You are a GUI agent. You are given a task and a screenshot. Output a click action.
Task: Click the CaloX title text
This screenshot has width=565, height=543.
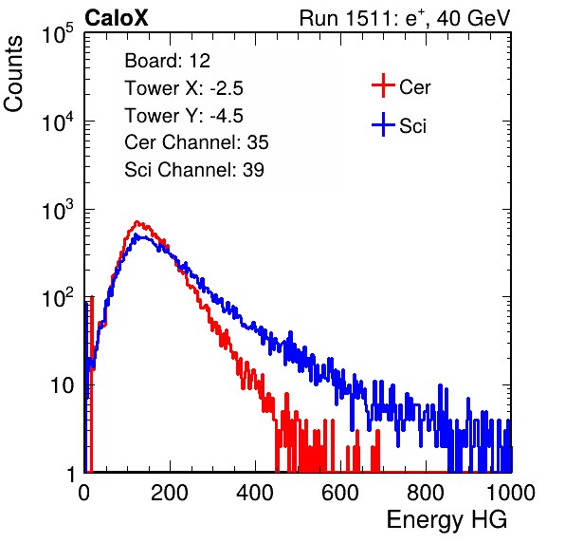[117, 18]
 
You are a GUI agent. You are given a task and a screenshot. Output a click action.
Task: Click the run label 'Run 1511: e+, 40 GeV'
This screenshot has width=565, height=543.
[405, 18]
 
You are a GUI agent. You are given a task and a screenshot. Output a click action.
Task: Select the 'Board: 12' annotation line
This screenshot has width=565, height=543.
[167, 61]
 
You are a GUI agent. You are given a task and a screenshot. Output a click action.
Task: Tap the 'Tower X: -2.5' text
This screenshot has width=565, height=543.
[184, 88]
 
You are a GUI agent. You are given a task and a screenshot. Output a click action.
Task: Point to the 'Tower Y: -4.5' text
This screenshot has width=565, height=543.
[184, 116]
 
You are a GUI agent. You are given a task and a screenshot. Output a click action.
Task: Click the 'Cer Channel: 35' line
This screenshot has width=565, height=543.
[196, 142]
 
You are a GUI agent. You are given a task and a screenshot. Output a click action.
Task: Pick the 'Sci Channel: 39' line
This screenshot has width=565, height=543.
[194, 170]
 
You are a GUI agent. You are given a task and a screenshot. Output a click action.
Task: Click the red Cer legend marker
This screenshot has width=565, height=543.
[383, 85]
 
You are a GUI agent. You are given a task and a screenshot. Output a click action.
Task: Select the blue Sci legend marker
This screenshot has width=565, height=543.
[383, 125]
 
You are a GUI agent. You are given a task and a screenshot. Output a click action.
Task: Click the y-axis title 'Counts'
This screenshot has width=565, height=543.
[13, 74]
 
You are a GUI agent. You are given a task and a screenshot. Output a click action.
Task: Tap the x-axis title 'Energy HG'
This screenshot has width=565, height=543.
[447, 520]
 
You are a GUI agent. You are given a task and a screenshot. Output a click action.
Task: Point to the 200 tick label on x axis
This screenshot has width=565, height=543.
[170, 493]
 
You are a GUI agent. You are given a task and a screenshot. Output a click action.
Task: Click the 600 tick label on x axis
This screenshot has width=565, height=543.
[340, 493]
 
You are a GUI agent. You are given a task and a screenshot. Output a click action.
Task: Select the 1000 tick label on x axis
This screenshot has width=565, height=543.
[511, 493]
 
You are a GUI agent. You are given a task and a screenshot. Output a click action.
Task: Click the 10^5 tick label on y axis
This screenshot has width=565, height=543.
[58, 33]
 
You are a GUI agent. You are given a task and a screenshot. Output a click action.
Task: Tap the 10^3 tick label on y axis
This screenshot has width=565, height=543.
[58, 210]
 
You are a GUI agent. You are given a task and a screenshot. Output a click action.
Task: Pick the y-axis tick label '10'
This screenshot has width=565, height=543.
[62, 386]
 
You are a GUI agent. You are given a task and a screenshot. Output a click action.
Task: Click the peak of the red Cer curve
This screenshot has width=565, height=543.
[137, 221]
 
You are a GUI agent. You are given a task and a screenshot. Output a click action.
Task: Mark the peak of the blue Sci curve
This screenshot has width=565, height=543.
[136, 234]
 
